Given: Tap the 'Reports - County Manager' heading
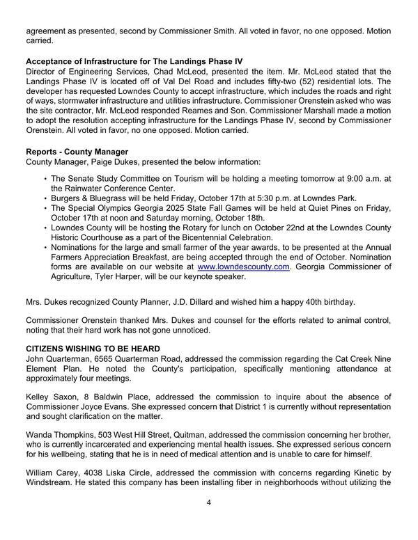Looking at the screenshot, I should (77, 152).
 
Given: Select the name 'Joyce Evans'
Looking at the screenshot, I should (99, 406).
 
